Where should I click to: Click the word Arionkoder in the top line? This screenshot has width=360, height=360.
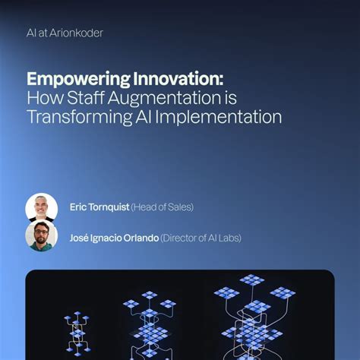(76, 33)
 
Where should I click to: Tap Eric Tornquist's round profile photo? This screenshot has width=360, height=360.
(41, 207)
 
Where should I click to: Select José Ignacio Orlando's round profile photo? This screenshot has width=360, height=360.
(41, 236)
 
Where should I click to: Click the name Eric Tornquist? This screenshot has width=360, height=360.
(99, 207)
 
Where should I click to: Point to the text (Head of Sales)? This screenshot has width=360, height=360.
(163, 207)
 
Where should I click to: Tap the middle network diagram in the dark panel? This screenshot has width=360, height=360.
(149, 323)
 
